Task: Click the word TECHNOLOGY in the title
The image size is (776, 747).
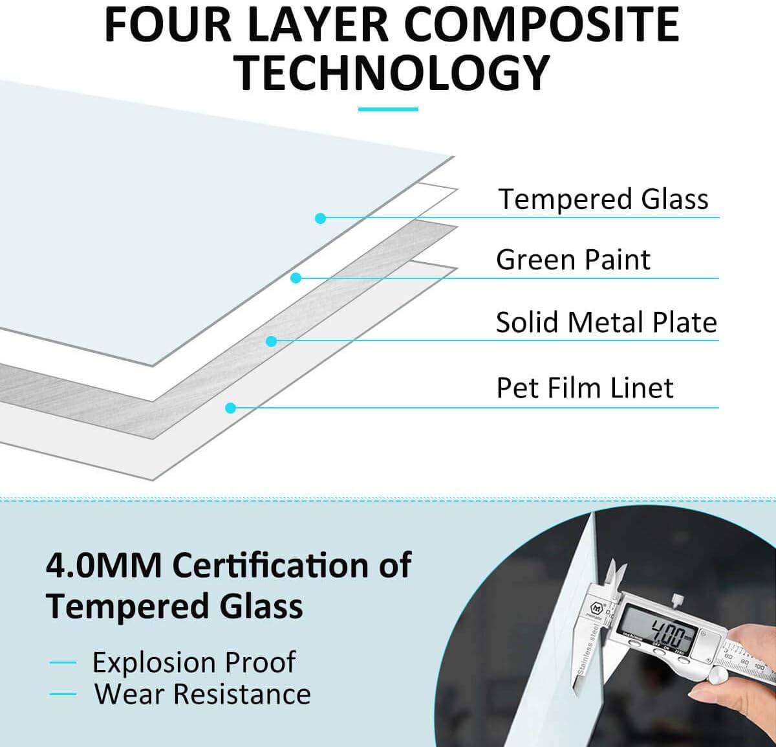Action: (393, 73)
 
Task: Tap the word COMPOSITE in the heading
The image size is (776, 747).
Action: (544, 25)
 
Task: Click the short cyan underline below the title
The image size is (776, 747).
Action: (388, 109)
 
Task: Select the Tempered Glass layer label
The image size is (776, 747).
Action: (603, 199)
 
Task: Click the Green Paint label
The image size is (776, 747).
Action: (573, 260)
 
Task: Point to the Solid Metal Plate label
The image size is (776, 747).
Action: (606, 322)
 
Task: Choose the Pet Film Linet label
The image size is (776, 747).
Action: (585, 388)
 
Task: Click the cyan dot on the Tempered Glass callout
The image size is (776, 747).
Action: (321, 218)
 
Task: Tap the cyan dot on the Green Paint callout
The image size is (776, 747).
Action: (296, 278)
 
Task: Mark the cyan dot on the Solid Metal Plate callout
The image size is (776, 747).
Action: (272, 341)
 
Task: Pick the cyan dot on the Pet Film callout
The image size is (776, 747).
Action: (230, 408)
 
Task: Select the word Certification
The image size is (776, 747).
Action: (271, 565)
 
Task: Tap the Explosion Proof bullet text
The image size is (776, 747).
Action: (194, 662)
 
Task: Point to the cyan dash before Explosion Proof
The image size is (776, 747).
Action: (63, 662)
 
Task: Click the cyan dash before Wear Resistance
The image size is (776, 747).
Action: (63, 694)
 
